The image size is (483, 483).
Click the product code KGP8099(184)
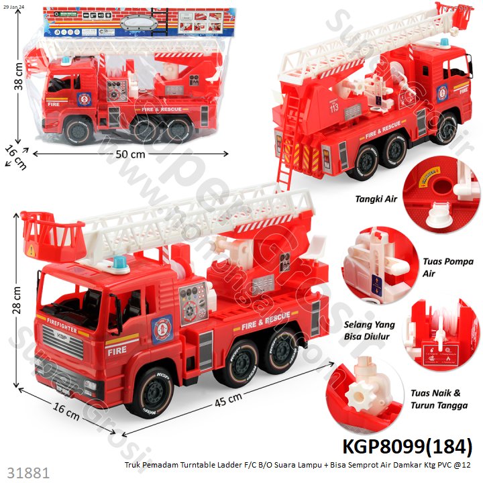[407, 446]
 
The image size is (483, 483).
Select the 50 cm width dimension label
[130, 154]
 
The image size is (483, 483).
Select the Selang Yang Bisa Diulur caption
[369, 331]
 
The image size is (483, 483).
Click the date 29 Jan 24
[14, 6]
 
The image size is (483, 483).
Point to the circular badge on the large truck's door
[161, 329]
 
